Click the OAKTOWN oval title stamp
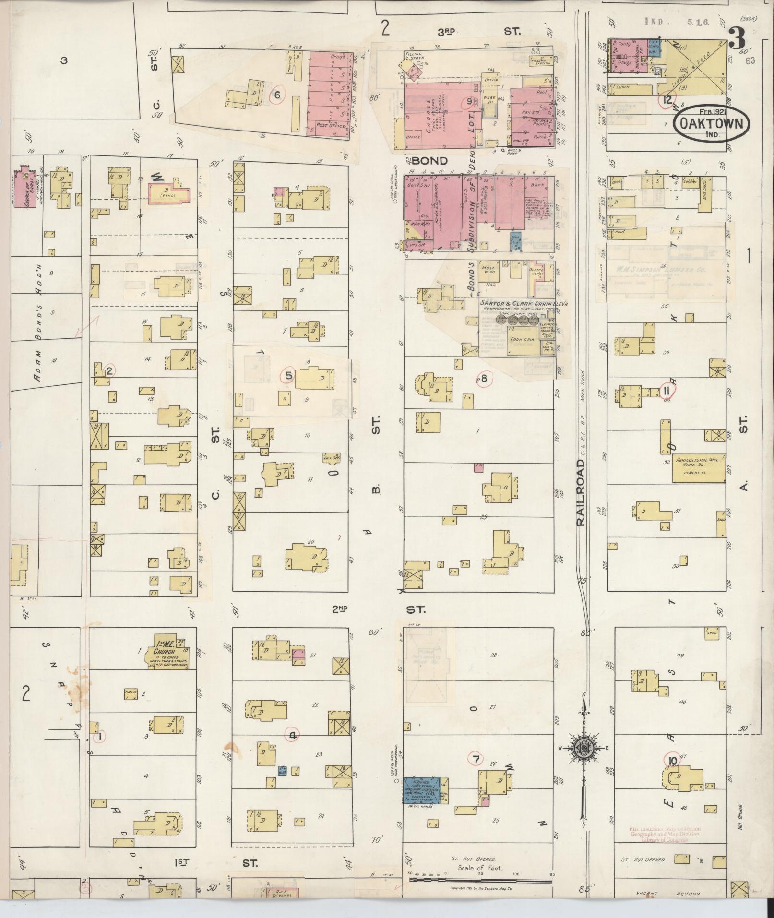(x=711, y=123)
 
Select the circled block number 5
(x=289, y=375)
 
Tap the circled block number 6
(x=277, y=95)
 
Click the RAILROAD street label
(x=582, y=493)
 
